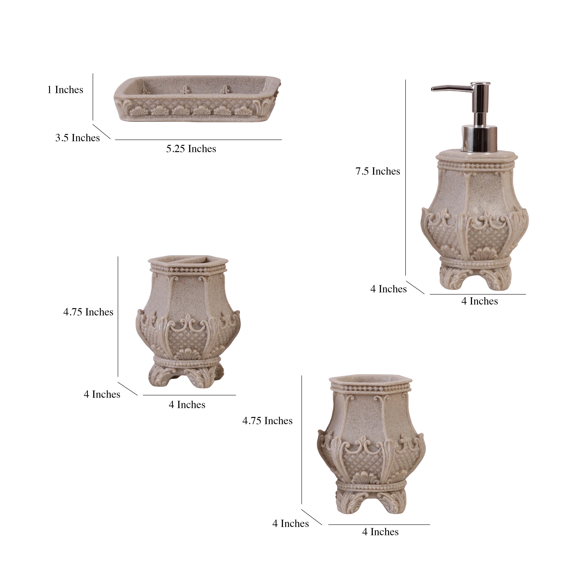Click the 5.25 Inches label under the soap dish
click(191, 149)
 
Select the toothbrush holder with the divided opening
click(188, 323)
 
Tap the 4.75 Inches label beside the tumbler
click(267, 421)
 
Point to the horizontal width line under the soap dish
click(198, 140)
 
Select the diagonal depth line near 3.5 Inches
click(102, 132)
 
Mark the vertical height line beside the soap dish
click(93, 97)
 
